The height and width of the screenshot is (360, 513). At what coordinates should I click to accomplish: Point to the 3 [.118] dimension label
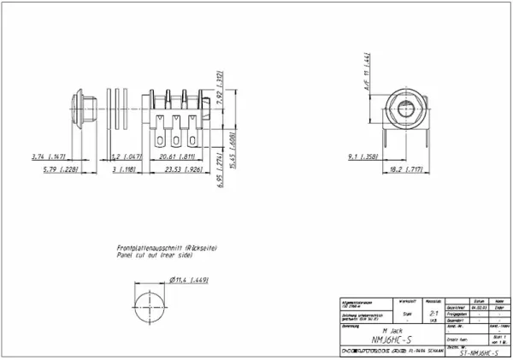click(124, 170)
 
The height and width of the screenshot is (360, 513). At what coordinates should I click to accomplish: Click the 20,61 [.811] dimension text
click(175, 157)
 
